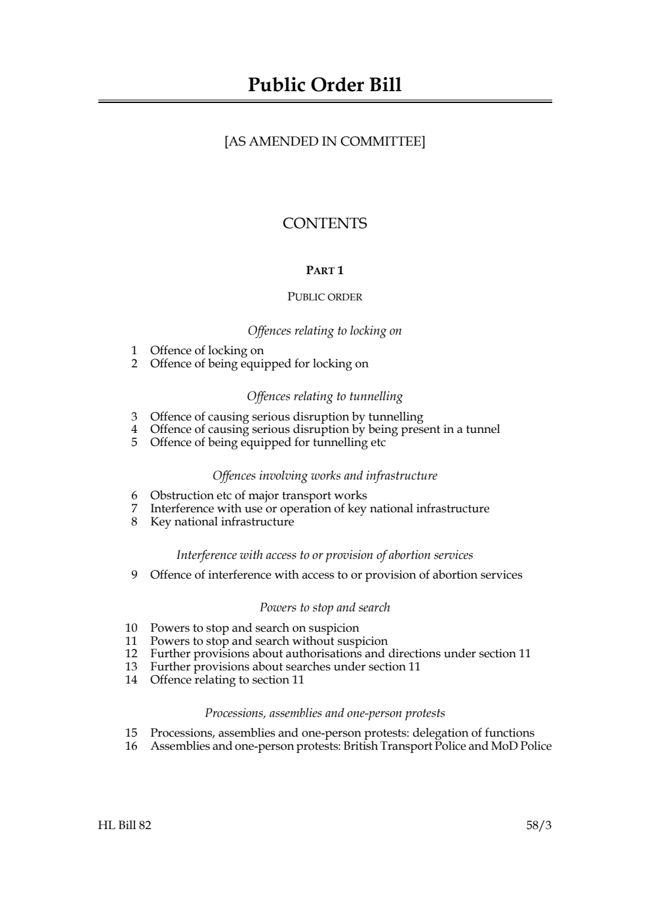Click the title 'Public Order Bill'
click(x=325, y=85)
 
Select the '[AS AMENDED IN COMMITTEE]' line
click(x=325, y=141)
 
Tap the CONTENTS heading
click(x=325, y=224)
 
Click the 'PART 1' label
click(x=325, y=270)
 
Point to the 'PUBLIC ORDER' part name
click(x=325, y=296)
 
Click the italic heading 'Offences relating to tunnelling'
click(x=325, y=396)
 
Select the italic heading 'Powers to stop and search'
click(x=325, y=607)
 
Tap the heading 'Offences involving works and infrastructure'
click(x=325, y=476)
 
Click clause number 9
click(x=134, y=575)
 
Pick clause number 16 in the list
click(x=131, y=746)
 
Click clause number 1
click(x=134, y=350)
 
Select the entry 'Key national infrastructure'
click(x=222, y=521)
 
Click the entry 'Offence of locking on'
click(x=207, y=350)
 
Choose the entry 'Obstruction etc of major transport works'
click(x=258, y=495)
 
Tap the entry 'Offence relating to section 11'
click(x=227, y=680)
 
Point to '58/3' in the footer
click(x=538, y=825)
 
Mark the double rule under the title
click(x=325, y=102)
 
